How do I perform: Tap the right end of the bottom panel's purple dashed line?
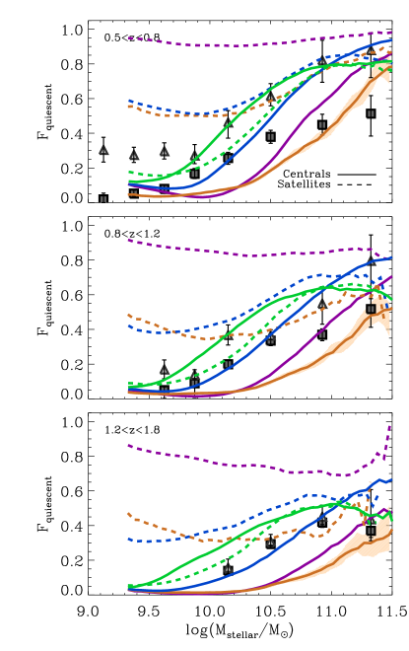pos(391,426)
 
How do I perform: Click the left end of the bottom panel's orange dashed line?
pos(128,513)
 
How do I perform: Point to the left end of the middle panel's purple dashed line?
pos(128,240)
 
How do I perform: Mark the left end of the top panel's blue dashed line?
pos(128,100)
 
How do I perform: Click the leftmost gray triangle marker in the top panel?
pos(103,151)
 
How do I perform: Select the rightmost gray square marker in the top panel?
pos(371,113)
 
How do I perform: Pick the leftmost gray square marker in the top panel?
pos(103,199)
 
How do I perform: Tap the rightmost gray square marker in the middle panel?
pos(371,309)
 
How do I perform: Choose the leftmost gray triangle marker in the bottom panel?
pos(228,568)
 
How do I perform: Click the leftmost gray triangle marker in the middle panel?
pos(165,370)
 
